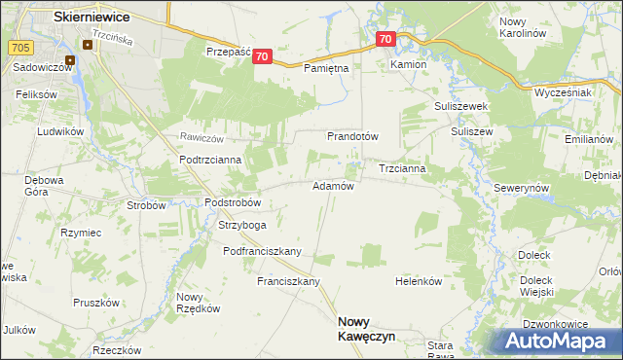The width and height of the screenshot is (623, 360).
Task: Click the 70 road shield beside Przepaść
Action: (261, 57)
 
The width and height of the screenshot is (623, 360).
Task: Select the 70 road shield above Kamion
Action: (385, 40)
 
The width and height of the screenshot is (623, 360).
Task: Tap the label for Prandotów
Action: (352, 136)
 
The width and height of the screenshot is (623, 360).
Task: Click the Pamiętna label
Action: (325, 69)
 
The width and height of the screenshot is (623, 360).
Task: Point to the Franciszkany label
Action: (288, 281)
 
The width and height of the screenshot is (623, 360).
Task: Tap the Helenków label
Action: (420, 281)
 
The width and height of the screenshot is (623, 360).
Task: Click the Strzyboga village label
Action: (242, 225)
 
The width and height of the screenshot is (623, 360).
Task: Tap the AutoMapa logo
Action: (560, 340)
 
